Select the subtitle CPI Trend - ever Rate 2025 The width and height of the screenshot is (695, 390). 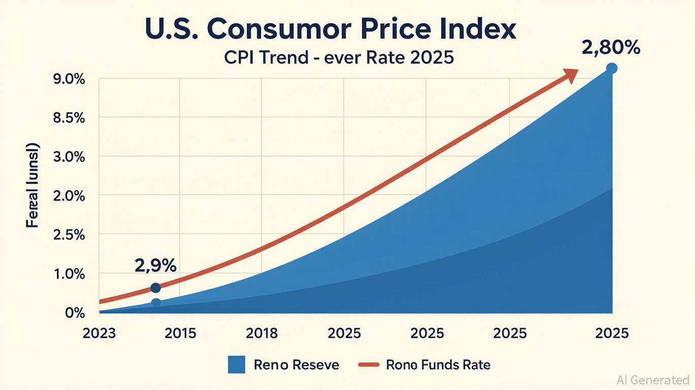click(x=339, y=57)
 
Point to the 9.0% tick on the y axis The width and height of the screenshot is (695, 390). click(x=70, y=80)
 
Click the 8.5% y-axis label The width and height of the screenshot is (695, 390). click(x=70, y=118)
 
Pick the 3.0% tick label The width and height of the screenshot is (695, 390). click(x=70, y=157)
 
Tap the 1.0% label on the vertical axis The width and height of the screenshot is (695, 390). click(x=70, y=274)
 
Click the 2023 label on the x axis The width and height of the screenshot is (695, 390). click(x=99, y=334)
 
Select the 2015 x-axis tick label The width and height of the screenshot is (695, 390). click(x=180, y=334)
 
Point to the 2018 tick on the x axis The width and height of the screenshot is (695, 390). click(x=262, y=334)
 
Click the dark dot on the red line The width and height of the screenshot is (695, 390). click(x=156, y=288)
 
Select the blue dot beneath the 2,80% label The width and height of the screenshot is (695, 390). click(x=612, y=68)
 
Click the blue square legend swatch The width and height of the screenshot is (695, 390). click(x=237, y=365)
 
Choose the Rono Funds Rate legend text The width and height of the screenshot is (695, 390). click(x=438, y=365)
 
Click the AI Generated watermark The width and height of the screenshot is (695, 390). click(x=653, y=380)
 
